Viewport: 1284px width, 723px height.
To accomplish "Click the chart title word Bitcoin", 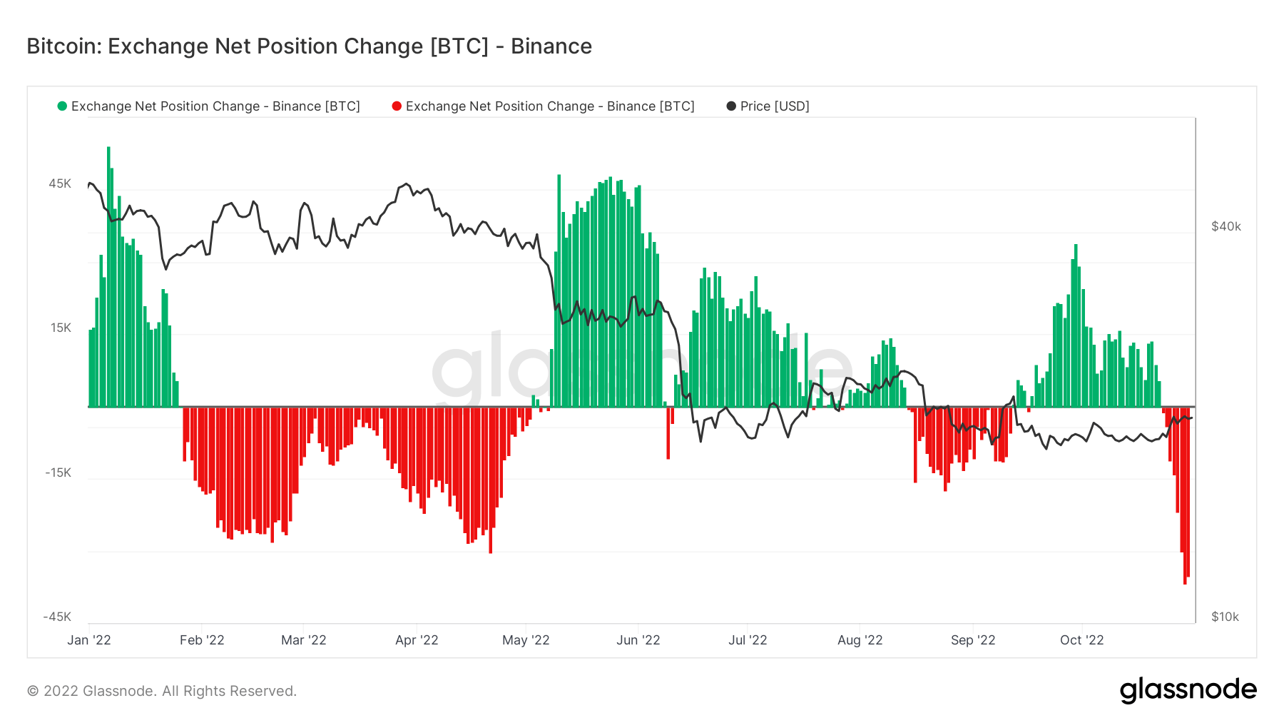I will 63,46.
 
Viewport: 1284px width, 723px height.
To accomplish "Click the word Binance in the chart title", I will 551,46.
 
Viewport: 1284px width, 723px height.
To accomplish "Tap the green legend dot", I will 62,106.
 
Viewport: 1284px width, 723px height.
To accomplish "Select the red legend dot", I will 397,106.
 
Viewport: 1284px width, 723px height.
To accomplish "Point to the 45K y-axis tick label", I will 60,184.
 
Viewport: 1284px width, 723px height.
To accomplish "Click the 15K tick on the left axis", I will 61,328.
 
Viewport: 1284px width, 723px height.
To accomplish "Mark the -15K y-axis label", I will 58,472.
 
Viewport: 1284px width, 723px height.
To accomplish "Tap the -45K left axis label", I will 57,617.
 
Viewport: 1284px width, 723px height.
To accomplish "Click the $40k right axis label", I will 1226,226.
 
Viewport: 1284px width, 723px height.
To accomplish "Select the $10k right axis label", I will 1225,617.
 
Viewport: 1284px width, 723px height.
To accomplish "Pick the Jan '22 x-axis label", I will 89,640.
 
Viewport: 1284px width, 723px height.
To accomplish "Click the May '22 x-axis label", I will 526,640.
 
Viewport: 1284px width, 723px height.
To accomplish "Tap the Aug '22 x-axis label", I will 860,640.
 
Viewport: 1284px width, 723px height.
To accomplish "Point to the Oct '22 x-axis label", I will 1081,640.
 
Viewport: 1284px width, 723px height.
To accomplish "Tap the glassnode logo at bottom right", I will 1188,690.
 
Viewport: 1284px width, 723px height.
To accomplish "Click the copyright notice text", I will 162,691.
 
